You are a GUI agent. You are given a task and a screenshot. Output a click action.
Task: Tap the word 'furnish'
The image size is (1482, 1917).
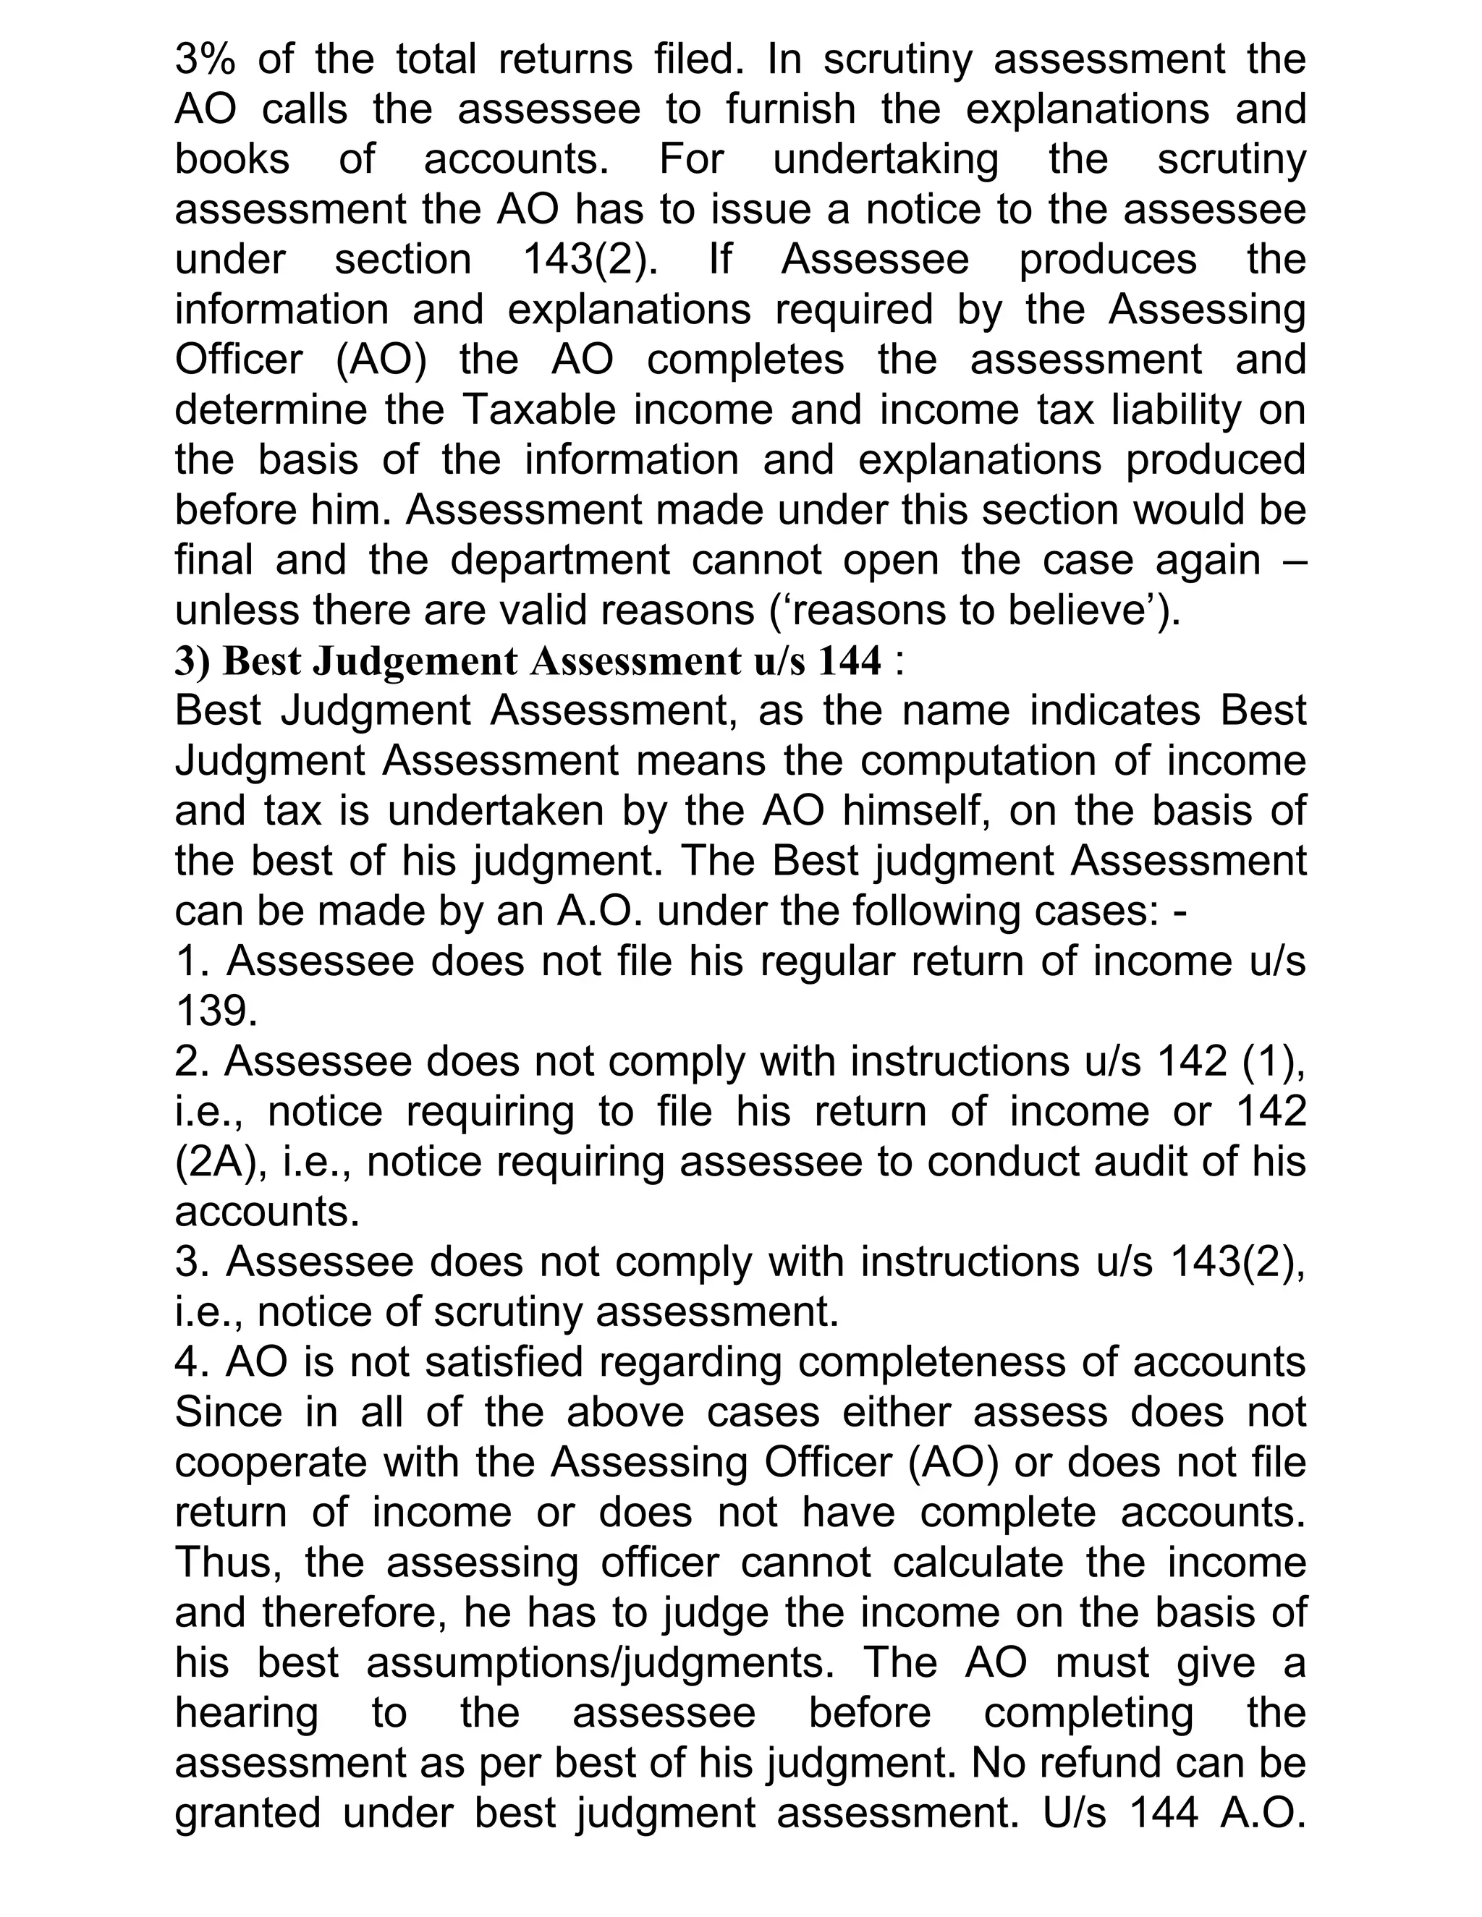(790, 110)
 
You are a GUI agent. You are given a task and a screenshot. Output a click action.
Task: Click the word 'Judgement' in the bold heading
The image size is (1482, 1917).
(415, 661)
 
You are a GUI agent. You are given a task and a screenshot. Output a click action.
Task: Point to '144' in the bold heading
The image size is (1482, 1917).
(849, 661)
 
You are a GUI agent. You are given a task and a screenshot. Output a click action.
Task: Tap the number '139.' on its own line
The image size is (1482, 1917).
(216, 1012)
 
